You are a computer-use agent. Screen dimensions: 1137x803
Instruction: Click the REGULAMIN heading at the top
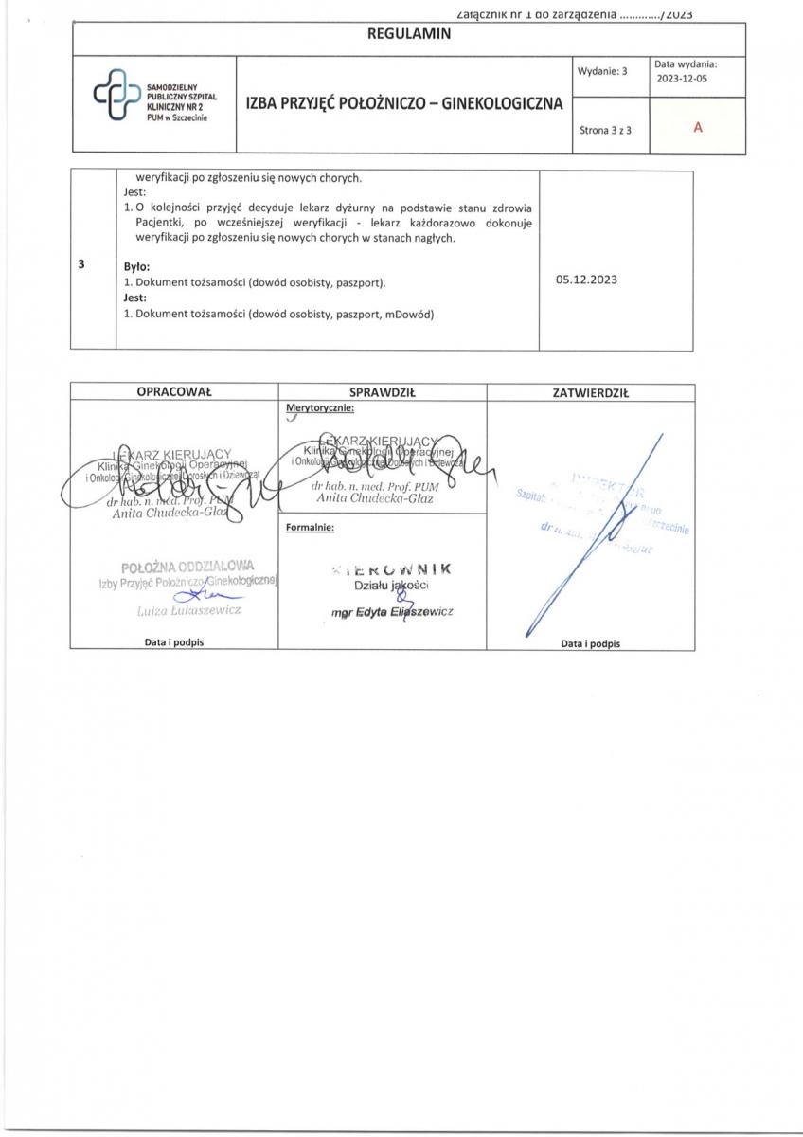point(408,34)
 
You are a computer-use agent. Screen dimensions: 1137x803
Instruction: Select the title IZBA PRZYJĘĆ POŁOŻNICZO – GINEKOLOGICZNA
point(404,103)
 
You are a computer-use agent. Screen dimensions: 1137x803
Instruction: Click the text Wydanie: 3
point(602,71)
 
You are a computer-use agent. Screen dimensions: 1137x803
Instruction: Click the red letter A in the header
point(697,127)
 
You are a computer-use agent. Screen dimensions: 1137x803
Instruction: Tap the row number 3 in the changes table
point(83,264)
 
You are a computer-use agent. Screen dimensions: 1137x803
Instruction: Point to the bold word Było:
point(138,267)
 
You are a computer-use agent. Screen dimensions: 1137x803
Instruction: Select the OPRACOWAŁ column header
point(174,392)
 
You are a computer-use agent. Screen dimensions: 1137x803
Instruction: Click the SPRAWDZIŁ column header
point(383,392)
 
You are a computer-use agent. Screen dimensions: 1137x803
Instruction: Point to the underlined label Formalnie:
point(310,528)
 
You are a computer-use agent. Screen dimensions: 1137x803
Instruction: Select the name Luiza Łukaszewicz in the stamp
point(189,610)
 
